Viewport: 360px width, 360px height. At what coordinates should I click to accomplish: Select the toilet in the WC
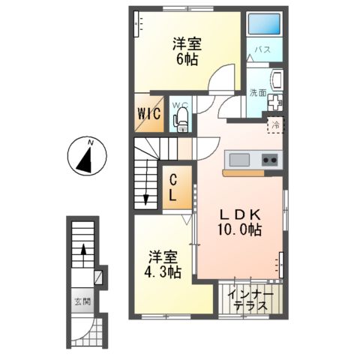click(x=180, y=121)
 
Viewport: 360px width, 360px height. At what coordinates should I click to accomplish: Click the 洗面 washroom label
click(x=257, y=92)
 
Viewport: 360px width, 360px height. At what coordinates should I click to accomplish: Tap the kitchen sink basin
click(x=241, y=159)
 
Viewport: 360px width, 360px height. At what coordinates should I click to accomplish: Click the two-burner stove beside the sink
click(x=269, y=159)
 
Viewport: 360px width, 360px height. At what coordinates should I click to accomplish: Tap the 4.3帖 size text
click(x=163, y=271)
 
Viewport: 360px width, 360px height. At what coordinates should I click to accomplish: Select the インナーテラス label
click(x=252, y=299)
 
